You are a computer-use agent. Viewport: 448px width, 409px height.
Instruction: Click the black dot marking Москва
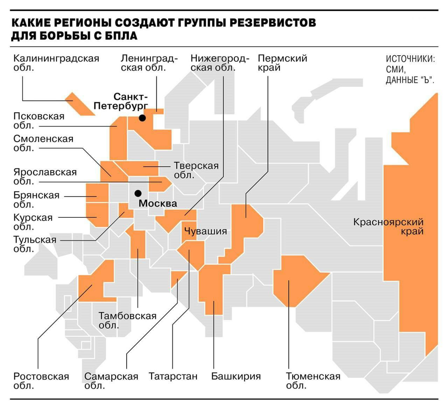point(138,193)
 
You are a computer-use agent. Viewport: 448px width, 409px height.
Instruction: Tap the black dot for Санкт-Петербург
point(142,118)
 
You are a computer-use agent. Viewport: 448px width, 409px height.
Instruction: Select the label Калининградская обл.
point(56,63)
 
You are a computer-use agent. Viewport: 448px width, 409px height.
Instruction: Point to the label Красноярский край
point(388,227)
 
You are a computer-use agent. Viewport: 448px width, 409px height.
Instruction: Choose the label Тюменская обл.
point(313,381)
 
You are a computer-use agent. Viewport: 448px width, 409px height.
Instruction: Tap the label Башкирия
point(236,376)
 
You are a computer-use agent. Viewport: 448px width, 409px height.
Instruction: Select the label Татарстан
point(173,376)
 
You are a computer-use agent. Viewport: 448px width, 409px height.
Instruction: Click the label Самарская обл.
point(111,381)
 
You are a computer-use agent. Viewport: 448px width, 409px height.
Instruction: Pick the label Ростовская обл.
point(41,381)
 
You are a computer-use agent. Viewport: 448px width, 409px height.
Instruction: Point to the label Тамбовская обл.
point(127,320)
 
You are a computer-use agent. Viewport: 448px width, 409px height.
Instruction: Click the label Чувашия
point(206,231)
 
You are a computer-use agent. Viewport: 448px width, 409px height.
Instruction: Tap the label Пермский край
point(282,63)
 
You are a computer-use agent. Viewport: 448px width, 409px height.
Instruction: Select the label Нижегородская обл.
point(220,63)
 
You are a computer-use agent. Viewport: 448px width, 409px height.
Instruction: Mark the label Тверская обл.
point(196,170)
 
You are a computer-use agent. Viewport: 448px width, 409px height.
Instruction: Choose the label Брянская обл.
point(36,200)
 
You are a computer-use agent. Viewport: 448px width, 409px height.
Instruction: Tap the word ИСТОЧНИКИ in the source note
point(410,59)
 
